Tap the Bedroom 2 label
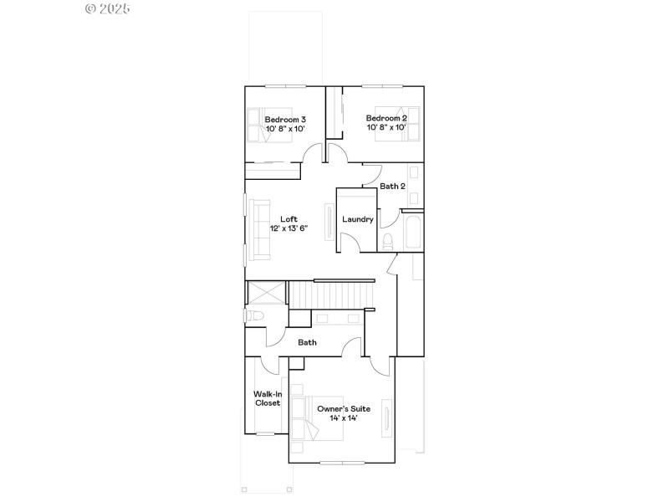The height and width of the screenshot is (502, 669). click(x=386, y=118)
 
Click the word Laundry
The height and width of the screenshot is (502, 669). click(x=358, y=220)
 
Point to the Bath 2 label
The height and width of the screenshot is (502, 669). click(x=392, y=187)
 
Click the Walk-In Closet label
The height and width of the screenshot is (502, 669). click(x=267, y=398)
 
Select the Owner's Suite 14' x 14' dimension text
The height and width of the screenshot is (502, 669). click(x=343, y=417)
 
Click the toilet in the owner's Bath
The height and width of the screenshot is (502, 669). click(x=255, y=316)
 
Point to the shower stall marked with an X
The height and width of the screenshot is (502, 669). click(x=267, y=294)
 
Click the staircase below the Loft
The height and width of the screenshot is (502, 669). click(x=330, y=295)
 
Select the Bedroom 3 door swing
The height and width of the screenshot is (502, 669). click(x=312, y=154)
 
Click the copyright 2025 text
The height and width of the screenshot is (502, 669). click(x=108, y=8)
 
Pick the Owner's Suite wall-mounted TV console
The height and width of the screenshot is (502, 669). click(x=386, y=416)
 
